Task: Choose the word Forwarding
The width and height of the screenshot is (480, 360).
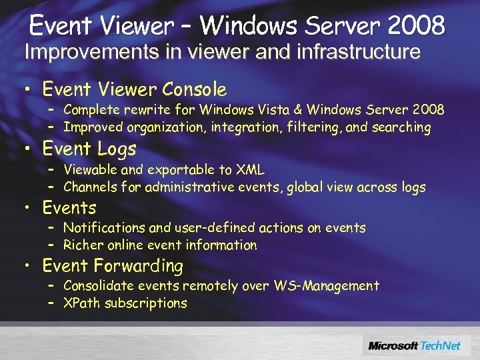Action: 139,266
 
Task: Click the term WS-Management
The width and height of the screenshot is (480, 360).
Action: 326,286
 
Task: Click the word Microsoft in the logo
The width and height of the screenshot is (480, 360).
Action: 393,345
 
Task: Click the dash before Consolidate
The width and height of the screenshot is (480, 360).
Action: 51,286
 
